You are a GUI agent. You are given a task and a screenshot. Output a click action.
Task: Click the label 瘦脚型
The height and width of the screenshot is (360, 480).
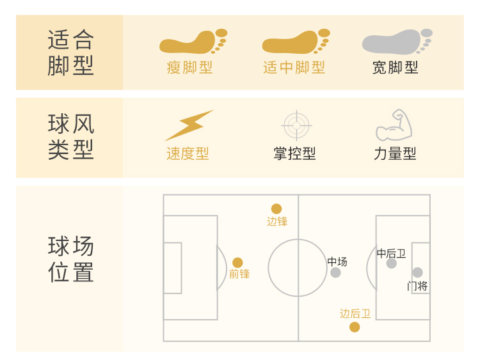189,68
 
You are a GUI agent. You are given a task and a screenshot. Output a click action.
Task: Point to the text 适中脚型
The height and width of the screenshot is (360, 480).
294,68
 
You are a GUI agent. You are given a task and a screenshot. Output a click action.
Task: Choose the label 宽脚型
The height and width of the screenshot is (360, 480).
396,68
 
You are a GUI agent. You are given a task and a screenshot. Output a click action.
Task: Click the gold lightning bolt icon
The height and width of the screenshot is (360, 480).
188,125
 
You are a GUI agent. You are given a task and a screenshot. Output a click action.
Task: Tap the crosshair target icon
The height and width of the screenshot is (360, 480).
296,125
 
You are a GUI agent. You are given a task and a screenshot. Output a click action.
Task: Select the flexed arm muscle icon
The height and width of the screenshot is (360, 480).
394,125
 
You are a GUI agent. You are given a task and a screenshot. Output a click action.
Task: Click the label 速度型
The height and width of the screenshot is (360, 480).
188,154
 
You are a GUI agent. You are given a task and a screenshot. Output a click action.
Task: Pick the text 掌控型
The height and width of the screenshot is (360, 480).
294,154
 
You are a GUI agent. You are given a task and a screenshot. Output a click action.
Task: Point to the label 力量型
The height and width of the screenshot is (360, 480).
395,154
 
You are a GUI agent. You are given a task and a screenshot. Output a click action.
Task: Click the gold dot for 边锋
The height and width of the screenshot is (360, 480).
276,208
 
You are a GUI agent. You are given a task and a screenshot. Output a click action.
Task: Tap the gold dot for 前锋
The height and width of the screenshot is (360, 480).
237,262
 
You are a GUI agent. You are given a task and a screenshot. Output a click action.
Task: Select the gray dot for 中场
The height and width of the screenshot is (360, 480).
335,273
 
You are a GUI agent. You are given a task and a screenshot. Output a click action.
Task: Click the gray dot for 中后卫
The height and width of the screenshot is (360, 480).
392,263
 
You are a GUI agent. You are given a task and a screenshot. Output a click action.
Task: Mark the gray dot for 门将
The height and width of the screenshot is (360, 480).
417,272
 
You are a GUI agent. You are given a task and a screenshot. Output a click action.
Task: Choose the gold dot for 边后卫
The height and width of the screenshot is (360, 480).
355,327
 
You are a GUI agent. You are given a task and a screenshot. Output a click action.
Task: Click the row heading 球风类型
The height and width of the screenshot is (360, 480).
70,137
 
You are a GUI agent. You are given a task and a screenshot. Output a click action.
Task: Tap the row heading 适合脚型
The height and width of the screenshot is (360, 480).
70,52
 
